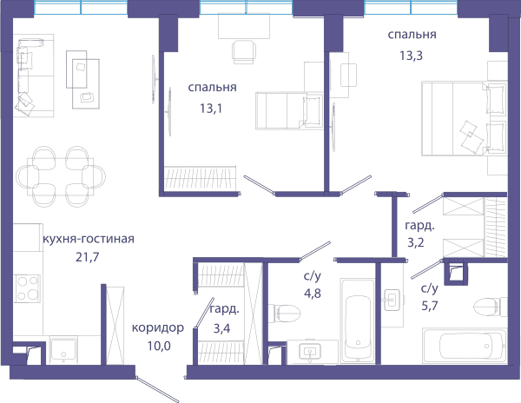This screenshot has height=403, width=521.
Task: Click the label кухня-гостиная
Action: pyautogui.click(x=89, y=239)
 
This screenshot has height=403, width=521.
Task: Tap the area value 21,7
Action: pyautogui.click(x=87, y=257)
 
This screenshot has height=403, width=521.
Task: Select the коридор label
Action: pyautogui.click(x=158, y=328)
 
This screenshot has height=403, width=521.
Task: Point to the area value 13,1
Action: pyautogui.click(x=211, y=109)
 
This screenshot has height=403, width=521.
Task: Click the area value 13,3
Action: pyautogui.click(x=411, y=56)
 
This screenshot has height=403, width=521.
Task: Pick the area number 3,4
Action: pyautogui.click(x=221, y=328)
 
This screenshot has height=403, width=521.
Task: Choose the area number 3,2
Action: pyautogui.click(x=416, y=242)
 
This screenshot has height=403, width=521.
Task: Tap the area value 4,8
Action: pyautogui.click(x=313, y=294)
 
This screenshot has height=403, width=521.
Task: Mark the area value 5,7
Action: pyautogui.click(x=430, y=306)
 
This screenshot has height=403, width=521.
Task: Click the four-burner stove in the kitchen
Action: pyautogui.click(x=27, y=288)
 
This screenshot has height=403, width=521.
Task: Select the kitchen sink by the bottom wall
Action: pyautogui.click(x=63, y=351)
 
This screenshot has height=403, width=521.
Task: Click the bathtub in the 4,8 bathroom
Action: pyautogui.click(x=358, y=320)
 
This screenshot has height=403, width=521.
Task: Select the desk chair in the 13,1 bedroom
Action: pyautogui.click(x=244, y=52)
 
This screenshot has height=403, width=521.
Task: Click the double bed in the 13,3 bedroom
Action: pyautogui.click(x=465, y=118)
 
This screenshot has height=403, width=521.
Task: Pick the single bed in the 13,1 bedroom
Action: pyautogui.click(x=289, y=110)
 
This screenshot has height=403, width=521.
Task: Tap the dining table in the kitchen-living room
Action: pyautogui.click(x=61, y=176)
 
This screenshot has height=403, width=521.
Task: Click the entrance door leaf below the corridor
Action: pyautogui.click(x=158, y=389)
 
